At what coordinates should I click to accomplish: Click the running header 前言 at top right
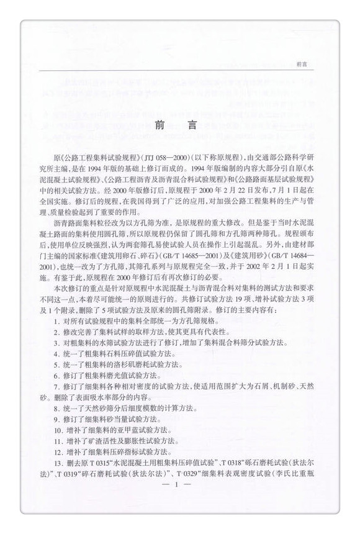304,63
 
